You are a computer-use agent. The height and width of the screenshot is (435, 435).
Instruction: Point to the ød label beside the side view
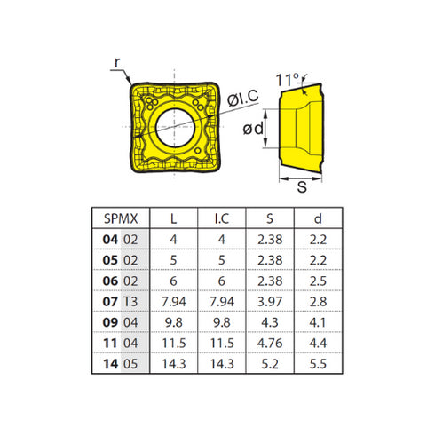click(255, 130)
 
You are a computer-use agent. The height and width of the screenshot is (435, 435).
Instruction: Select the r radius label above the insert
click(115, 63)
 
